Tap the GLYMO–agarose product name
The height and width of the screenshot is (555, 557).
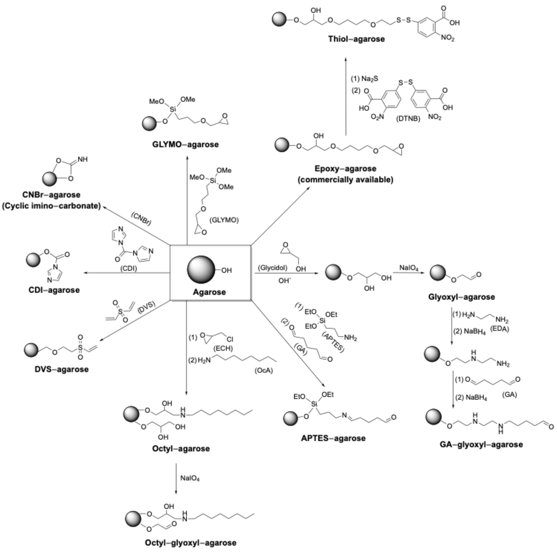point(185,144)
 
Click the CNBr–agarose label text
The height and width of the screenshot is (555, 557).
point(51,195)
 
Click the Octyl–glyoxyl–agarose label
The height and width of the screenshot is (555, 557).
point(191,543)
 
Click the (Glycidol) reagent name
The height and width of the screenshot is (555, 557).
point(273,268)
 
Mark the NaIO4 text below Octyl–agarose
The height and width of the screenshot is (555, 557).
point(190,478)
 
